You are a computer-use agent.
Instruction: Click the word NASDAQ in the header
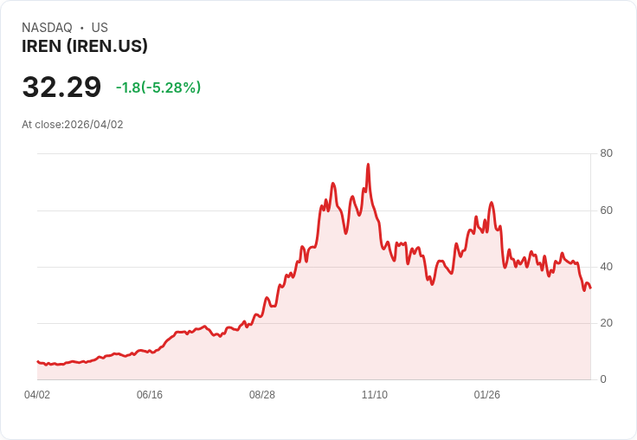pyautogui.click(x=47, y=28)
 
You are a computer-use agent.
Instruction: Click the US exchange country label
pyautogui.click(x=100, y=28)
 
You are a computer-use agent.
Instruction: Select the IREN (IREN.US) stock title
pyautogui.click(x=85, y=47)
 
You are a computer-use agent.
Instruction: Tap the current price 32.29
pyautogui.click(x=61, y=87)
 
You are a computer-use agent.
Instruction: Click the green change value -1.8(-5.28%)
pyautogui.click(x=158, y=87)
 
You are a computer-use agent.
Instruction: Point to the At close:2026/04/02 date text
pyautogui.click(x=73, y=125)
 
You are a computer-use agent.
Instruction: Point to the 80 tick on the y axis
pyautogui.click(x=606, y=153)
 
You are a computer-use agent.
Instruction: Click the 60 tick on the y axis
pyautogui.click(x=606, y=210)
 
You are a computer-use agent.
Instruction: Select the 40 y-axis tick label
pyautogui.click(x=606, y=267)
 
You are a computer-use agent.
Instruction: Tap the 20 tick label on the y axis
pyautogui.click(x=606, y=323)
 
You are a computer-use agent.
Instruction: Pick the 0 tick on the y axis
pyautogui.click(x=603, y=379)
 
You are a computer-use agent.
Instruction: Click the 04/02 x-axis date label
pyautogui.click(x=37, y=395)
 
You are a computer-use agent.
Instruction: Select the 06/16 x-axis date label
pyautogui.click(x=150, y=395)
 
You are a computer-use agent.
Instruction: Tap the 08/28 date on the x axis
pyautogui.click(x=262, y=395)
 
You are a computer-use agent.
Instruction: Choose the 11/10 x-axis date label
pyautogui.click(x=375, y=395)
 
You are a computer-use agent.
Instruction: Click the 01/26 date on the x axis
pyautogui.click(x=487, y=395)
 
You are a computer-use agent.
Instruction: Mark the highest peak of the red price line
pyautogui.click(x=368, y=164)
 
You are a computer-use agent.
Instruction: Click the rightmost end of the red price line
pyautogui.click(x=590, y=288)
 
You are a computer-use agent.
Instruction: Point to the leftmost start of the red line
pyautogui.click(x=37, y=362)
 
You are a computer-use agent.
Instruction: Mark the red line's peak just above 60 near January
pyautogui.click(x=491, y=203)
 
